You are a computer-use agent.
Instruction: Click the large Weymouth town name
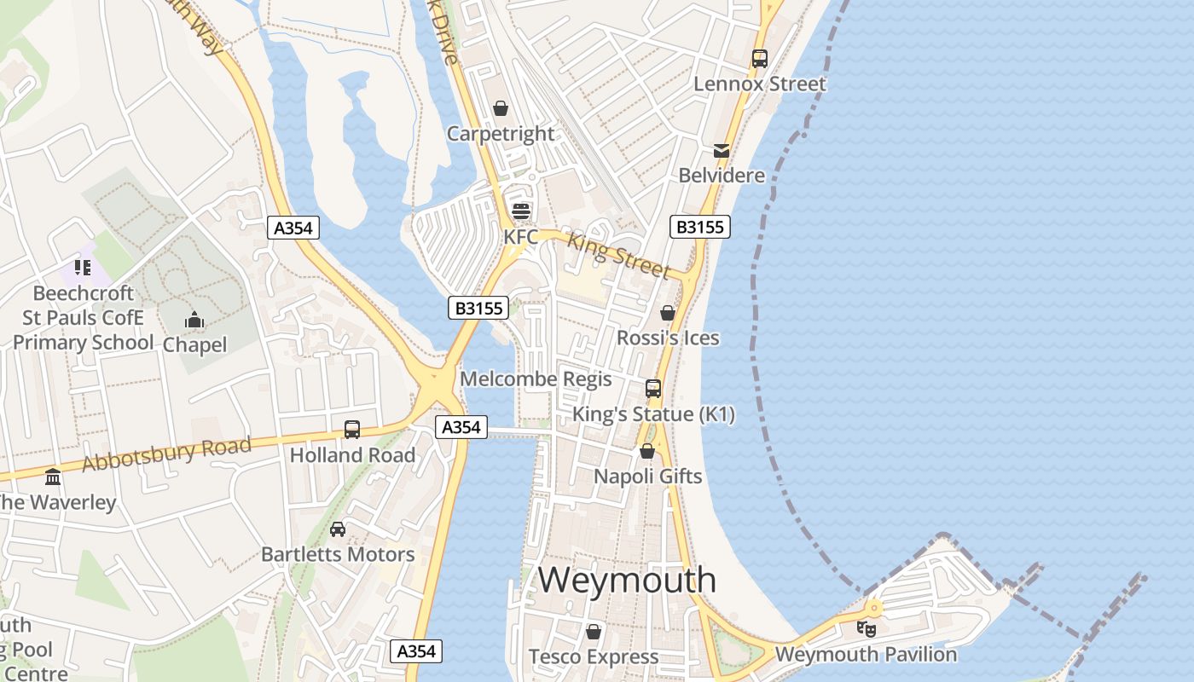[627, 581]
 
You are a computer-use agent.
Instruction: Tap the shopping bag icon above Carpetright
[501, 108]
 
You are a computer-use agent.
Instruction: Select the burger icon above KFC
[520, 211]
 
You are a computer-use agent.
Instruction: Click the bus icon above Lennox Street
[759, 59]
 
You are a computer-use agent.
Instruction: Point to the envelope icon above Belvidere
[722, 151]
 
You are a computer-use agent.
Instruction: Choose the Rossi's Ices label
[668, 338]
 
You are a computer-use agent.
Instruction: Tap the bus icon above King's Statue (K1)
[652, 389]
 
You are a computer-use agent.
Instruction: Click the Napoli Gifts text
[647, 477]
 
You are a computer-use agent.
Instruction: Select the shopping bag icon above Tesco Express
[594, 632]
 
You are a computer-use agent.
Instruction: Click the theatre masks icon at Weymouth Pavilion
[866, 629]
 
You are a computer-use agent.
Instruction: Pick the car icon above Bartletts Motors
[338, 529]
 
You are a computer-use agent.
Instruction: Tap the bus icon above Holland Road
[352, 430]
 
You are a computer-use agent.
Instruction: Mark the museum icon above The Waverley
[53, 477]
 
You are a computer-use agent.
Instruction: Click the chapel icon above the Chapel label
[194, 321]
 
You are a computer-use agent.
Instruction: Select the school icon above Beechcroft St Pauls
[83, 268]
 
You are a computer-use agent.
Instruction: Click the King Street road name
[618, 256]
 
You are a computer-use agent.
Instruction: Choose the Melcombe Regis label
[536, 379]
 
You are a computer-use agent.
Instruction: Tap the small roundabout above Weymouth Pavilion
[873, 608]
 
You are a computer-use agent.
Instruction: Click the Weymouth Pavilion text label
[866, 655]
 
